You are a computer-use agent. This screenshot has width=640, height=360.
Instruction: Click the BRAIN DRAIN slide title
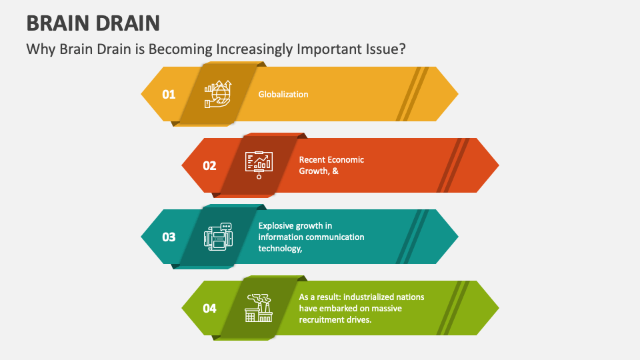point(93,23)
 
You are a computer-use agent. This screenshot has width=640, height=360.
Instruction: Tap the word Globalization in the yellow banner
point(283,94)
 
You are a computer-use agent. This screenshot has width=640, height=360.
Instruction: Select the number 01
point(169,94)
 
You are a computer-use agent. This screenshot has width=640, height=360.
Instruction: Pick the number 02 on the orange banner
point(209,165)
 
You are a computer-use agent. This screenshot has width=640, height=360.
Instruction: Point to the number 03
point(169,237)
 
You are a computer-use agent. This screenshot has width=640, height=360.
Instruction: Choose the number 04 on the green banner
point(209,308)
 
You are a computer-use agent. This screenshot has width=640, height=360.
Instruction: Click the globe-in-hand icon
point(218,94)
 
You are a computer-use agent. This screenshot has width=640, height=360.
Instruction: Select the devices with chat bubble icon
point(218,237)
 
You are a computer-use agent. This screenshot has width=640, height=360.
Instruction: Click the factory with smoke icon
point(259,308)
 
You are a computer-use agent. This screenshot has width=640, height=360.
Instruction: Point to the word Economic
point(347,160)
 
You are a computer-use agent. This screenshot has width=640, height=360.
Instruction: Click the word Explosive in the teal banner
point(276,225)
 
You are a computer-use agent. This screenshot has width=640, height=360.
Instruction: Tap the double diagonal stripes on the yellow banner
point(412,94)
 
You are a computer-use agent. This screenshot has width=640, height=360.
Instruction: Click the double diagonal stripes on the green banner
point(453,308)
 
